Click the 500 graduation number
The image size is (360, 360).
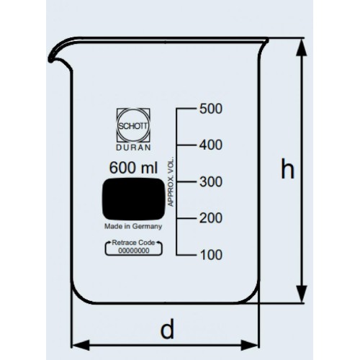pyautogui.click(x=211, y=109)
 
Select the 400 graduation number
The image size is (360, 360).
pyautogui.click(x=211, y=145)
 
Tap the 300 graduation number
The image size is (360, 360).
pyautogui.click(x=211, y=181)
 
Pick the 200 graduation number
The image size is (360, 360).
pyautogui.click(x=211, y=218)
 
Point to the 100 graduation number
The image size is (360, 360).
pyautogui.click(x=211, y=255)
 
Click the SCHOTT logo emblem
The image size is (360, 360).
pyautogui.click(x=133, y=125)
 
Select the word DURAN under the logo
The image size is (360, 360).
pyautogui.click(x=133, y=148)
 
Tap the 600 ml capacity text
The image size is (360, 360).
pyautogui.click(x=133, y=168)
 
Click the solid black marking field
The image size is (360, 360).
pyautogui.click(x=134, y=199)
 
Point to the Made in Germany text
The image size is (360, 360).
pyautogui.click(x=133, y=226)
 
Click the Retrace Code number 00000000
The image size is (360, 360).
pyautogui.click(x=134, y=251)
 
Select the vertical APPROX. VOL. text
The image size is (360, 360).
pyautogui.click(x=171, y=181)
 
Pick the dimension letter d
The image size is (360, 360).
pyautogui.click(x=167, y=328)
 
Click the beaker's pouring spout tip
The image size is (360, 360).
pyautogui.click(x=50, y=60)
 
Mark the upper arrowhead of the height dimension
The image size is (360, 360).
pyautogui.click(x=302, y=47)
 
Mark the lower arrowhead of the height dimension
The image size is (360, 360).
pyautogui.click(x=302, y=294)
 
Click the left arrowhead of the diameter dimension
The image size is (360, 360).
pyautogui.click(x=81, y=345)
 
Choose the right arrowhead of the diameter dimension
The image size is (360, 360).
pyautogui.click(x=250, y=345)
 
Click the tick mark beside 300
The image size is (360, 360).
pyautogui.click(x=186, y=181)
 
